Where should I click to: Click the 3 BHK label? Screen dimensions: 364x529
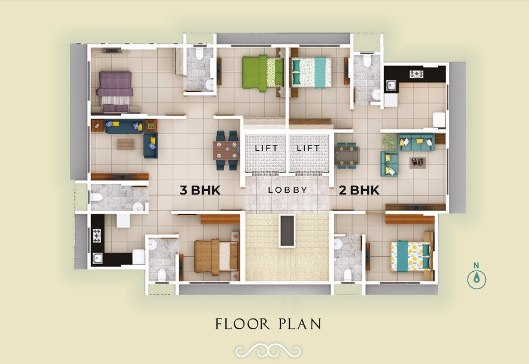click(201, 190)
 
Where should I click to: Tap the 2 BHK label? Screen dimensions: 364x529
click(359, 190)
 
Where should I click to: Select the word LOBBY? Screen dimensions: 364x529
click(288, 190)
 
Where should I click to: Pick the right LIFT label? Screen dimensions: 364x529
click(309, 147)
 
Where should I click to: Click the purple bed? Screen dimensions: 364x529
click(115, 91)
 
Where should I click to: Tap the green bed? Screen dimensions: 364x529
click(262, 72)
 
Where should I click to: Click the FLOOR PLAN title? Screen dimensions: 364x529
click(268, 324)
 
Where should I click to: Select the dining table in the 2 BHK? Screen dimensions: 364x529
click(346, 154)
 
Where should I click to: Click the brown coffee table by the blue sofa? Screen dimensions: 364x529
click(126, 144)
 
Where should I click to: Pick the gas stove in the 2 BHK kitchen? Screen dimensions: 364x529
click(415, 74)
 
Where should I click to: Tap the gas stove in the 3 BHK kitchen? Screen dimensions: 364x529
click(96, 235)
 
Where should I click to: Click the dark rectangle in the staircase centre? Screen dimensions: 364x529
click(287, 230)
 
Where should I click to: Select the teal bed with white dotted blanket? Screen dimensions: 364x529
click(311, 71)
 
